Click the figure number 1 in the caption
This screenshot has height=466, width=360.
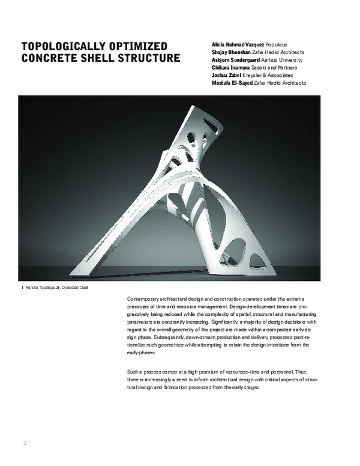tap(22, 289)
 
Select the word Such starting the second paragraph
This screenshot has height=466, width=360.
tap(134, 372)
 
